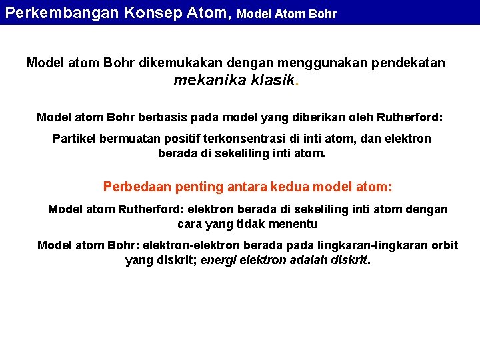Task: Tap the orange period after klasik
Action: [297, 84]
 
